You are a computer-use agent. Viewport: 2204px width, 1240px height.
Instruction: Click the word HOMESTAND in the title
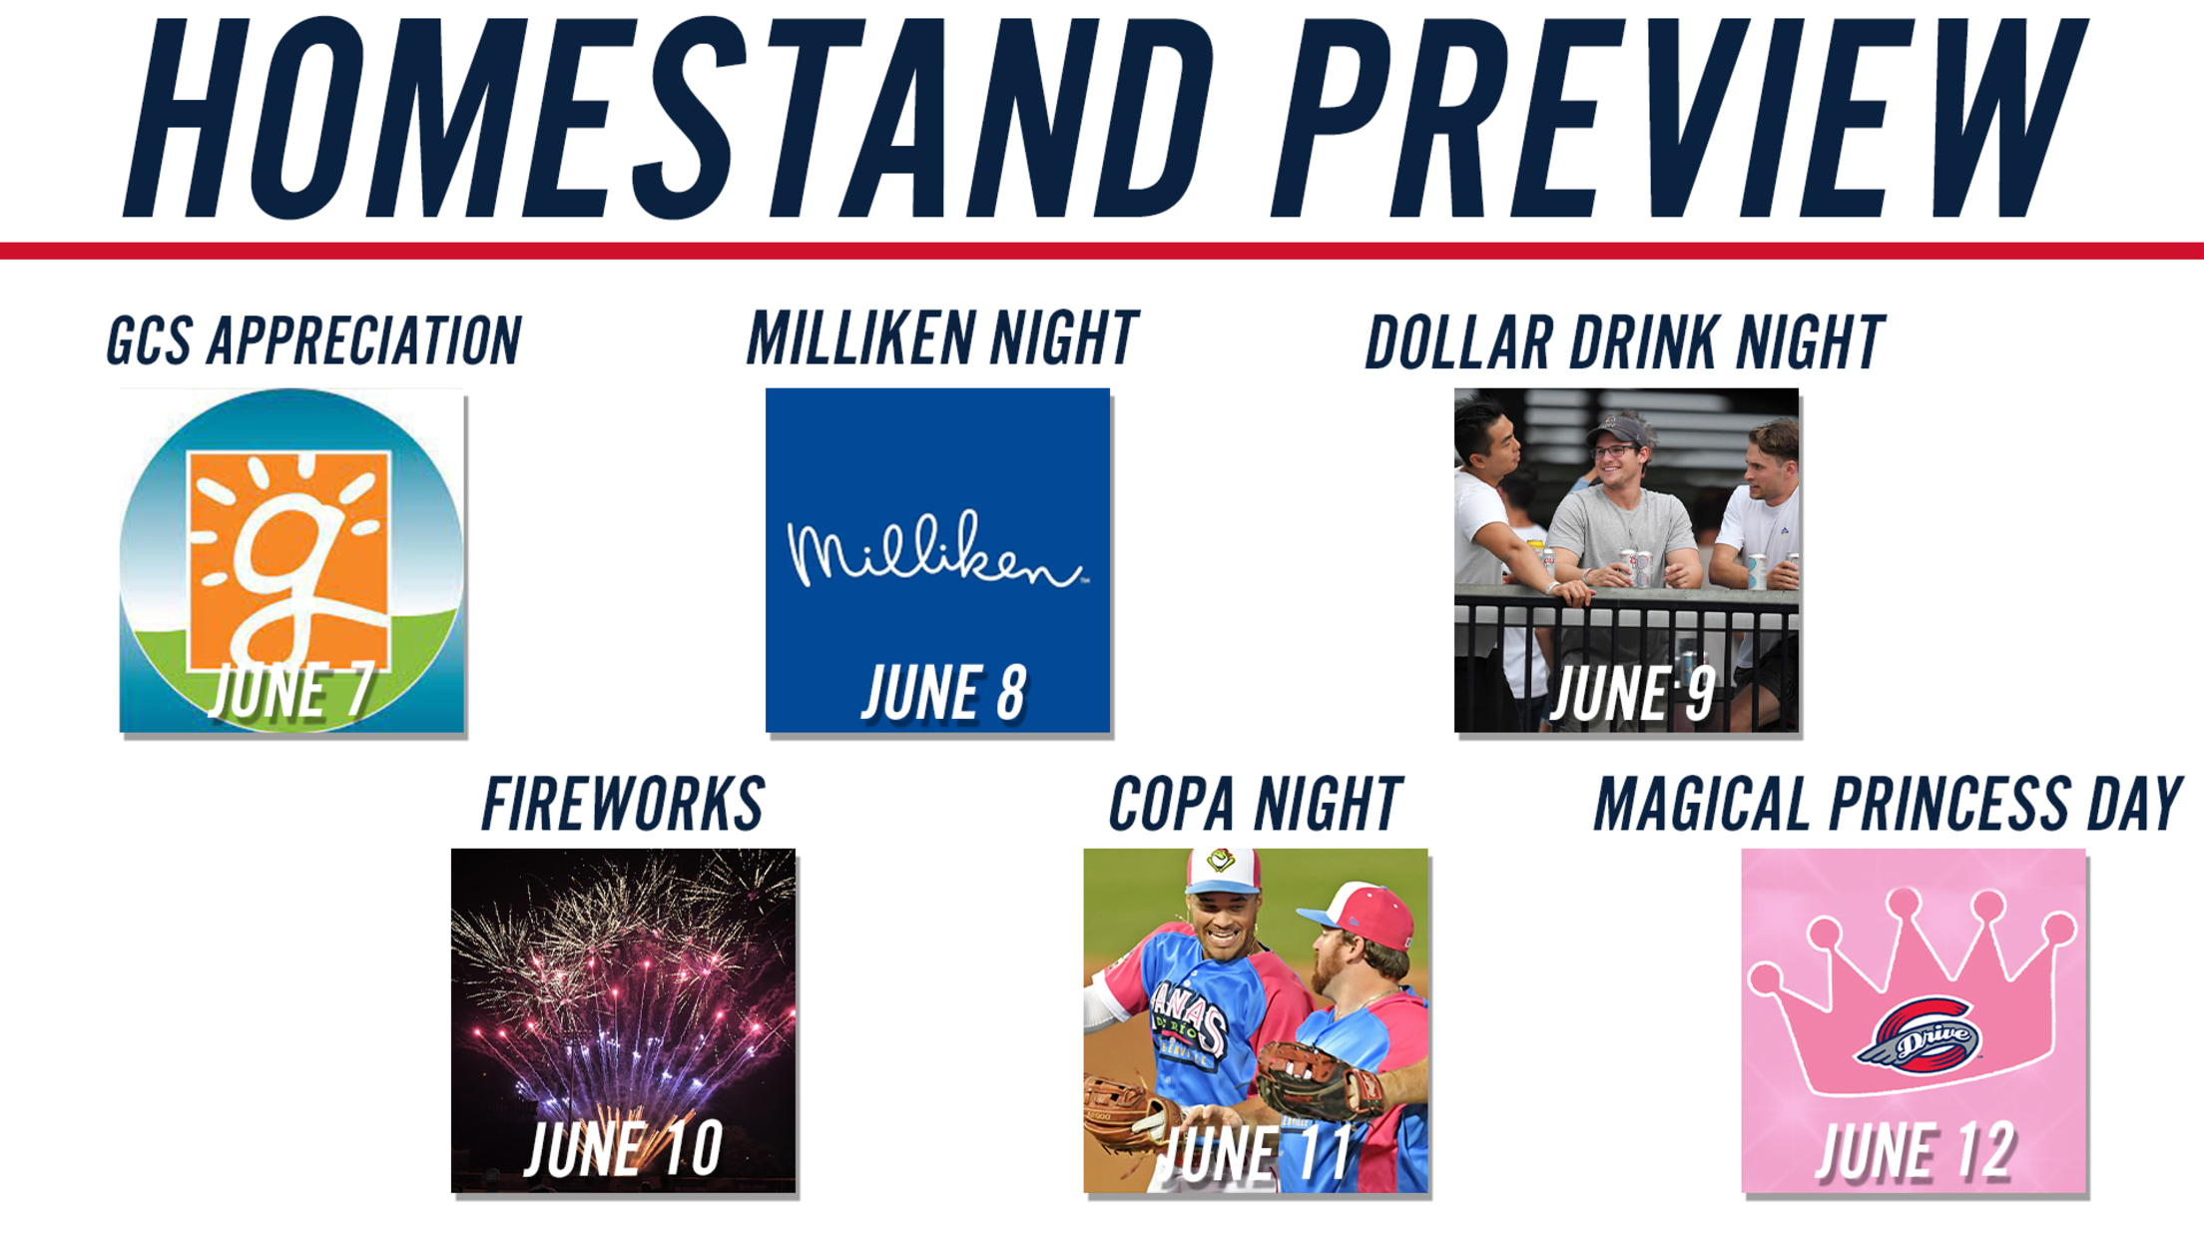(x=669, y=117)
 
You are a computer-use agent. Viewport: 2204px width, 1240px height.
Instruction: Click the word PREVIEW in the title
(x=1679, y=117)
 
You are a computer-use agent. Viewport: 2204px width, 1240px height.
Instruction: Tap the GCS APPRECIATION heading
(x=314, y=340)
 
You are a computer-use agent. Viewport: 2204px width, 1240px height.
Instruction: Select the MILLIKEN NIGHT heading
(x=942, y=337)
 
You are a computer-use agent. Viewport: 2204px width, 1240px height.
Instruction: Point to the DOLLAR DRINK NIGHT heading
(x=1625, y=342)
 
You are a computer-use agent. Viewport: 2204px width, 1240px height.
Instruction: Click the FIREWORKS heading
(x=623, y=804)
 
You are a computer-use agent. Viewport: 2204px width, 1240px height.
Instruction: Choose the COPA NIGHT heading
(x=1256, y=804)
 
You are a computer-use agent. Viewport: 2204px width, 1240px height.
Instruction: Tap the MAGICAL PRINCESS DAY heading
(x=1888, y=804)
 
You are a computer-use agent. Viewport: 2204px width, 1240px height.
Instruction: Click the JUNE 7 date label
(x=291, y=691)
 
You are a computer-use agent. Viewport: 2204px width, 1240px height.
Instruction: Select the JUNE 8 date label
(x=944, y=692)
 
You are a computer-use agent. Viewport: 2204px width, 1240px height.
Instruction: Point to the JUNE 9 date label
(x=1633, y=692)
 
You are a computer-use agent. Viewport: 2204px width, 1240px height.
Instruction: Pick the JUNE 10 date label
(x=624, y=1149)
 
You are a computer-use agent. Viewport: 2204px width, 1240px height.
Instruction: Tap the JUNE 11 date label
(x=1255, y=1152)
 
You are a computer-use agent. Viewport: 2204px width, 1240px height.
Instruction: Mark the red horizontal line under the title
(x=1102, y=251)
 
